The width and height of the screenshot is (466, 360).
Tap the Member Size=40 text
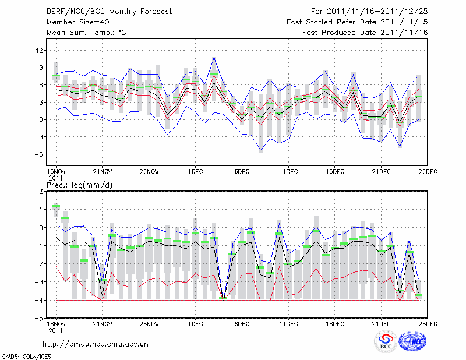73,22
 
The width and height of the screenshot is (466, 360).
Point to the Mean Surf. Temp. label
86,33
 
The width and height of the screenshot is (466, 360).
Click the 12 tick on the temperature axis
40,51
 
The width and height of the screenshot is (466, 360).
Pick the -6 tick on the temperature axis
40,154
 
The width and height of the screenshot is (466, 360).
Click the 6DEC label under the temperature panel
242,172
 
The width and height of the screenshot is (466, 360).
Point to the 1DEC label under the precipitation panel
195,324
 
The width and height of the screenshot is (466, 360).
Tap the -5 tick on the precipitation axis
40,319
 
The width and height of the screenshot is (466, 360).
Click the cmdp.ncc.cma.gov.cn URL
96,344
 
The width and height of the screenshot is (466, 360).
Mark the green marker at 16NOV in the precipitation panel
56,206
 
